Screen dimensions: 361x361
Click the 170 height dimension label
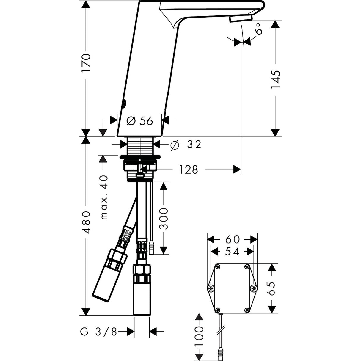pyautogui.click(x=86, y=63)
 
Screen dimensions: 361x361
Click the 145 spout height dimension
pyautogui.click(x=275, y=80)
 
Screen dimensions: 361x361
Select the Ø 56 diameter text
pyautogui.click(x=139, y=121)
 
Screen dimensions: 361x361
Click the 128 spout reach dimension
pyautogui.click(x=188, y=170)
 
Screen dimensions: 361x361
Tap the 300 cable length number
pyautogui.click(x=163, y=219)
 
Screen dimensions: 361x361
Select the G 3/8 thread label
pyautogui.click(x=98, y=332)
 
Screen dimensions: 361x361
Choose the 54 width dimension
pyautogui.click(x=232, y=252)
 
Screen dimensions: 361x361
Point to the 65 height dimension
pyautogui.click(x=271, y=289)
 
